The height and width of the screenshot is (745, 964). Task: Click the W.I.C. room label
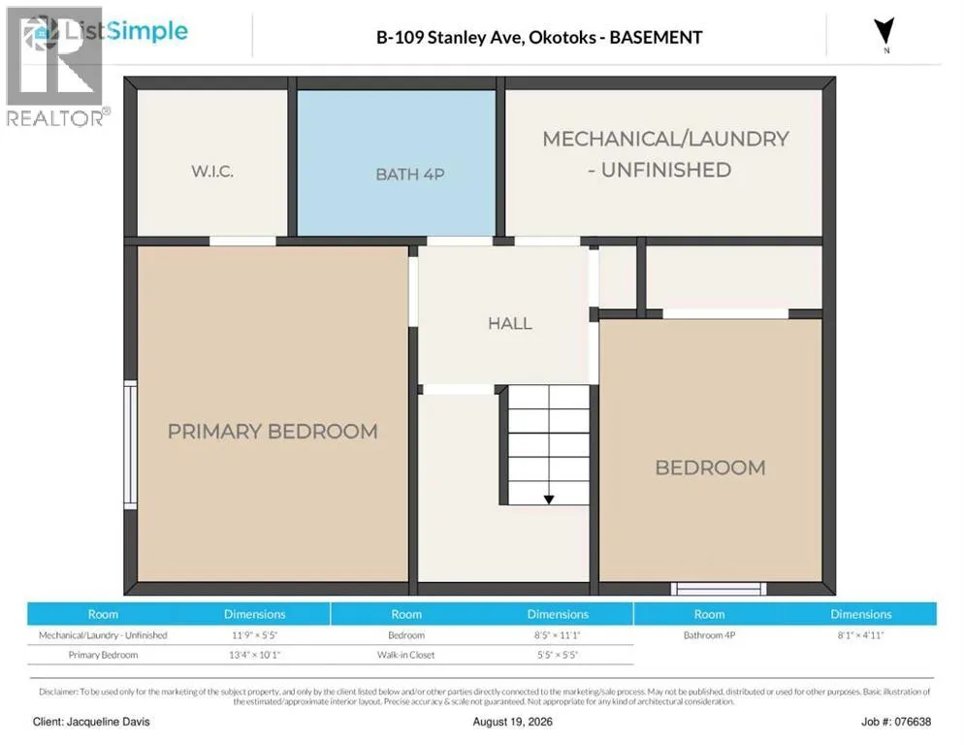coord(212,171)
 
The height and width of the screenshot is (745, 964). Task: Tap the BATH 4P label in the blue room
coord(410,174)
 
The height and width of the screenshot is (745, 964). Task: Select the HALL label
coord(510,323)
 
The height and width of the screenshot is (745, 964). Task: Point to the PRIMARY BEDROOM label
coord(273,432)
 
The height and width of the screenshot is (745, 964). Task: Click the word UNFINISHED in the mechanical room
coord(666,169)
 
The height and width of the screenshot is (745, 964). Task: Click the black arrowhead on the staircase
coord(549,500)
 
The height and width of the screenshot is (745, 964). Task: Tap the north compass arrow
coord(884,31)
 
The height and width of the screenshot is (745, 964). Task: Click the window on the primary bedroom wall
coord(130,445)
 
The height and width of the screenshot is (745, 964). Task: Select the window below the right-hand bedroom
coord(718,589)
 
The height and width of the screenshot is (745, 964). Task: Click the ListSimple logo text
coord(126,31)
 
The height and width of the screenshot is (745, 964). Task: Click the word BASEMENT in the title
coord(656,38)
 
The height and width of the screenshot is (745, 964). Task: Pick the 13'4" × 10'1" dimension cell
coord(254,655)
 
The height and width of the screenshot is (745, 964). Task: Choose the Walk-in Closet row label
coord(405,655)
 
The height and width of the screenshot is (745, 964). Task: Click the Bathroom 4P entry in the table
coord(709,634)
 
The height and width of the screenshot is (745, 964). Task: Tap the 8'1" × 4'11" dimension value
coord(860,634)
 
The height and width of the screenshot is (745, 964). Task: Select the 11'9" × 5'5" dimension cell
coord(254,634)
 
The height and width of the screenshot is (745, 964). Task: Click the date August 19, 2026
coord(513,722)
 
